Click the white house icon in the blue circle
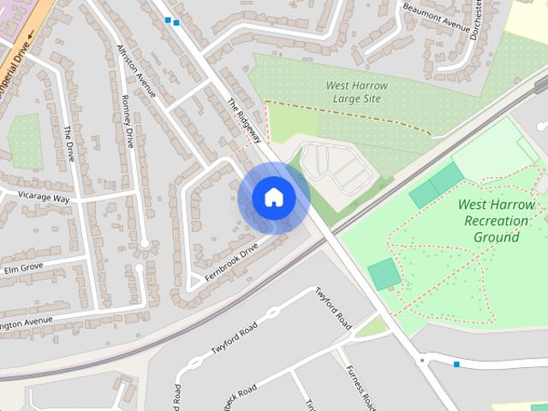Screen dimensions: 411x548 (273, 198)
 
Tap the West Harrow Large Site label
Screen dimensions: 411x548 (357, 92)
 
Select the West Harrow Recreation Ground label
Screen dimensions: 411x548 (496, 220)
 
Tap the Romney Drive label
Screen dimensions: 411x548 (126, 121)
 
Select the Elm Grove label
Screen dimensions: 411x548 (23, 267)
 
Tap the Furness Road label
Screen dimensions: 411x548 (359, 386)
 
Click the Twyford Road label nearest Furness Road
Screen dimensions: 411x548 (333, 308)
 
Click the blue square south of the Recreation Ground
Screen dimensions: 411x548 (456, 365)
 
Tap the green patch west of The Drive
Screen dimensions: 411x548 (25, 140)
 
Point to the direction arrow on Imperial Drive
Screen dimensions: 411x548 (32, 36)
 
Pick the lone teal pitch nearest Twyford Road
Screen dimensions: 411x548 (384, 274)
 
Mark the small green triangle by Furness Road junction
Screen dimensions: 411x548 (372, 327)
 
